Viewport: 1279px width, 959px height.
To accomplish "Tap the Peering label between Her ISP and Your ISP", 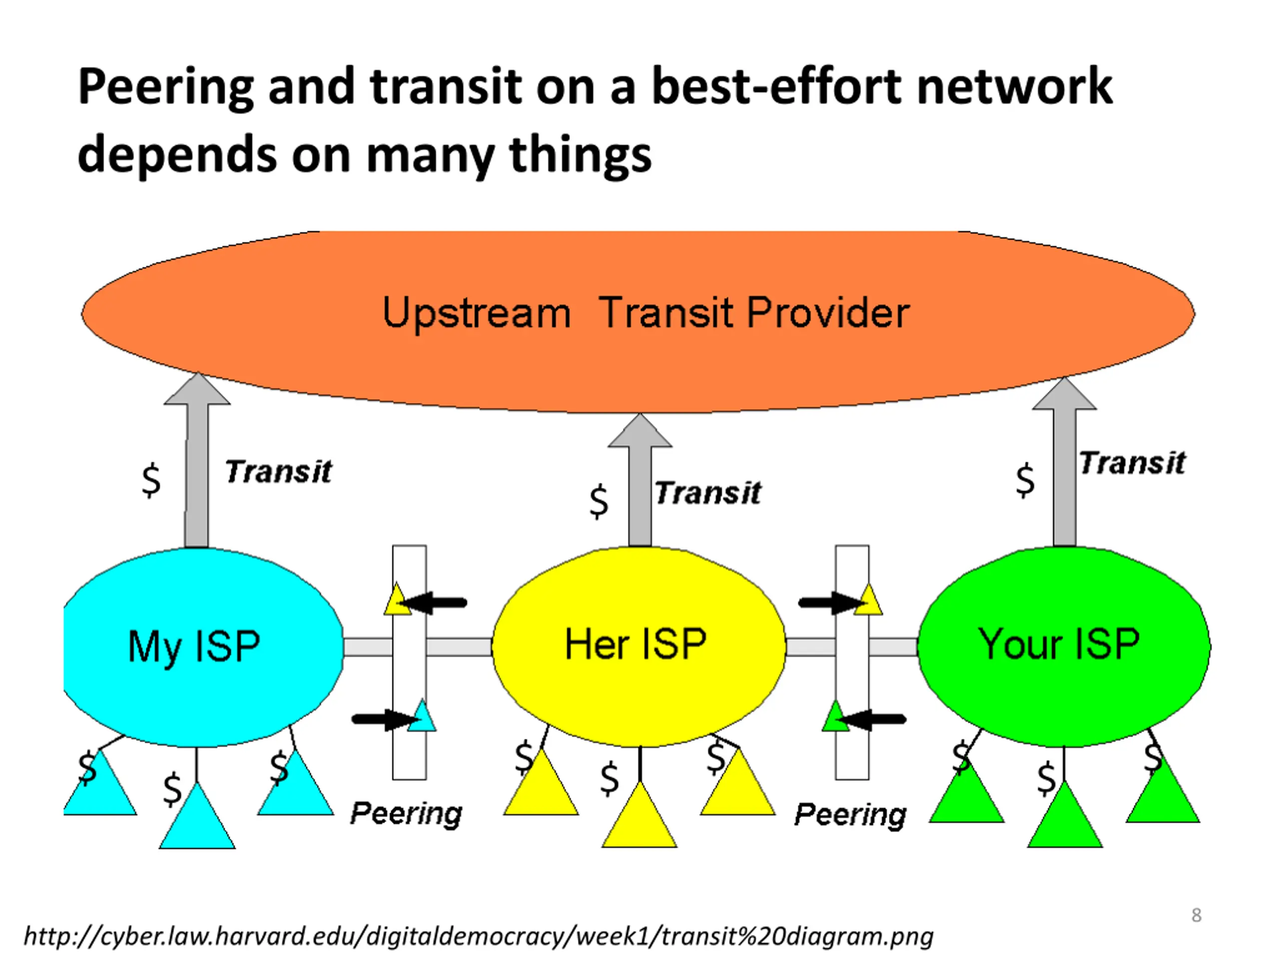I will pyautogui.click(x=850, y=815).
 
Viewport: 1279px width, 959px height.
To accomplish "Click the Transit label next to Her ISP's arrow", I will pyautogui.click(x=708, y=493).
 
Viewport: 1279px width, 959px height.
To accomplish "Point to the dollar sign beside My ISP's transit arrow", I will pyautogui.click(x=151, y=480).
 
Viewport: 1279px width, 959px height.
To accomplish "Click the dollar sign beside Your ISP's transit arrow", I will pyautogui.click(x=1025, y=480).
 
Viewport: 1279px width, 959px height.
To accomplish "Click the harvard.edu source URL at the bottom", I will pyautogui.click(x=478, y=936).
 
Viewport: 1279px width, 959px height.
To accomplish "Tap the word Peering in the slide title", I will pyautogui.click(x=165, y=87).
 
